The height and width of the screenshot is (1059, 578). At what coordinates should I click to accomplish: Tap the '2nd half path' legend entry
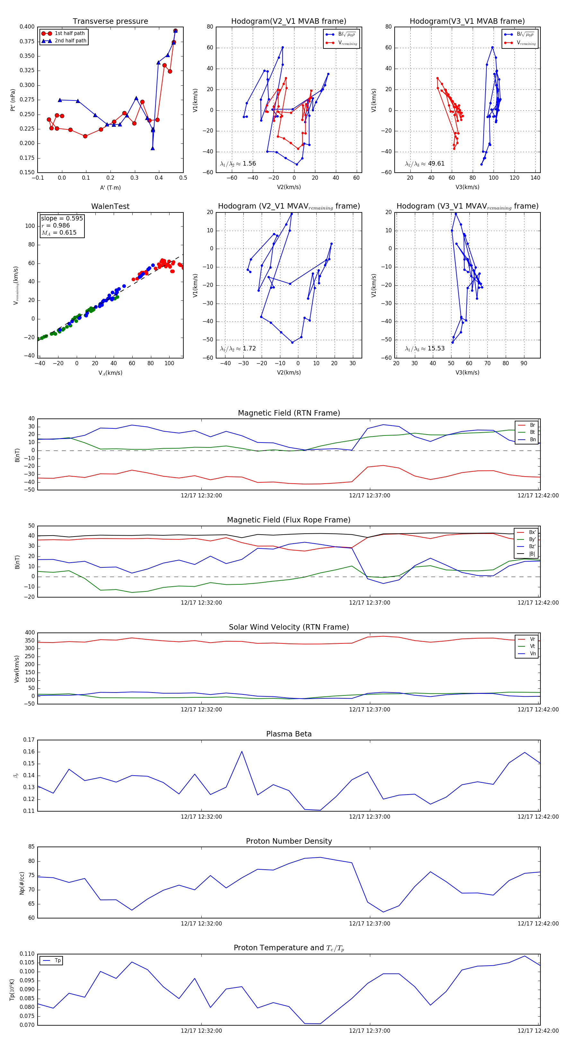coord(70,41)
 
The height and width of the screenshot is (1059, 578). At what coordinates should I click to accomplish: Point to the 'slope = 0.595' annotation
coord(62,218)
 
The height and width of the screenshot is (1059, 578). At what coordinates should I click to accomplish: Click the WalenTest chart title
coord(110,206)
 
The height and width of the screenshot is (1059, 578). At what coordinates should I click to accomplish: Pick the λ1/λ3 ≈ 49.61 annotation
coord(425,164)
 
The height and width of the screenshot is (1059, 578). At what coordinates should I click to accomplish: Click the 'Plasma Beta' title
coord(289,734)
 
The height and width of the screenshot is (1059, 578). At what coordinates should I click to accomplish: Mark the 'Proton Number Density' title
coord(289,841)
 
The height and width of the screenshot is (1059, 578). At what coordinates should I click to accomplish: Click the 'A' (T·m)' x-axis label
coord(110,187)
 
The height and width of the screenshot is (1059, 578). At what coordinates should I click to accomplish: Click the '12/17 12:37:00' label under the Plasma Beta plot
coord(369,816)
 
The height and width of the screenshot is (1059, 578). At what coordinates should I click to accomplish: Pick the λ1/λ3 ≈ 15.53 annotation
coord(425,349)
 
